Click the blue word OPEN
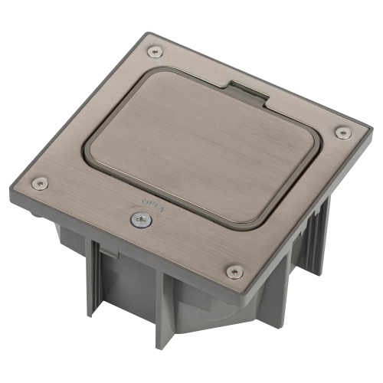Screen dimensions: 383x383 tap(154, 205)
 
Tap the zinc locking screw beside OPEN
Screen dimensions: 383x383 tap(141, 220)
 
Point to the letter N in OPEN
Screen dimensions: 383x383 tap(162, 209)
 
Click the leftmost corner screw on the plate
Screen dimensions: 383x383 tap(40, 183)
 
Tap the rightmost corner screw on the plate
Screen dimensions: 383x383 tap(343, 133)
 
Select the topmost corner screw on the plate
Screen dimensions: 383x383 tap(155, 52)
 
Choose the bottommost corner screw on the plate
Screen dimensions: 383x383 tap(235, 271)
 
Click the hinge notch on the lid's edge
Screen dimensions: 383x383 tap(249, 93)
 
